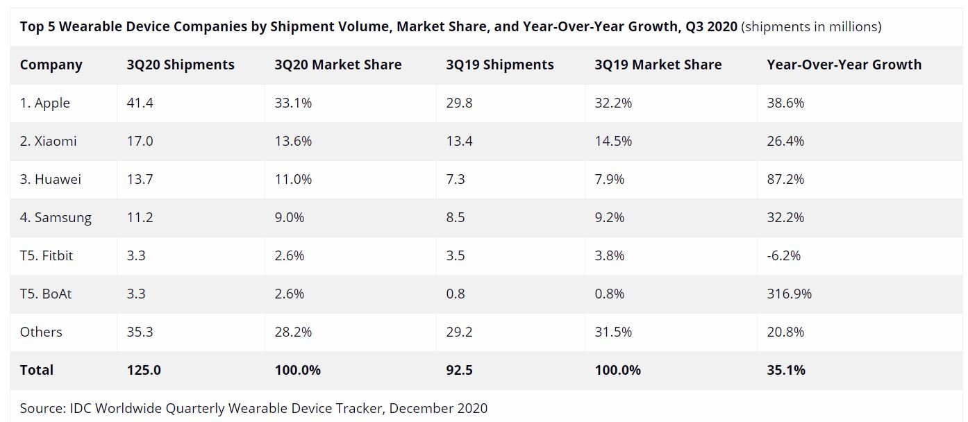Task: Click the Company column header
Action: [x=51, y=65]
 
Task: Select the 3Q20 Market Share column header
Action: [x=337, y=65]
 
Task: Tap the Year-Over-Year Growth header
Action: [x=844, y=65]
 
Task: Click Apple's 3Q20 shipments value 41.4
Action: [x=140, y=103]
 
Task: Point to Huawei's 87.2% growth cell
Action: [x=785, y=180]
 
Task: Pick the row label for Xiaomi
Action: [x=48, y=142]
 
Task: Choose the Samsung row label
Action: [x=56, y=218]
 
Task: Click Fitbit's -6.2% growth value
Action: [x=783, y=256]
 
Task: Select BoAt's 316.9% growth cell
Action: [x=789, y=294]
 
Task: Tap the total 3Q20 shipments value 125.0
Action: [x=144, y=371]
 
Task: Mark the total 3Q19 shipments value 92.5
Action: [x=459, y=371]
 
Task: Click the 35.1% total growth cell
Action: [x=786, y=371]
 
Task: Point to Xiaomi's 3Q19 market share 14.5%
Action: [x=613, y=142]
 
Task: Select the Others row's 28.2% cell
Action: [x=293, y=332]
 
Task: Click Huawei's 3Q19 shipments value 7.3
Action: [x=456, y=180]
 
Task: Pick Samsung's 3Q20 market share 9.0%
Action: [x=290, y=218]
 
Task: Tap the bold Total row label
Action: [x=37, y=371]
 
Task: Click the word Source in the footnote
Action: [x=41, y=408]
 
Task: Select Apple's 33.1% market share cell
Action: [x=293, y=103]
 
